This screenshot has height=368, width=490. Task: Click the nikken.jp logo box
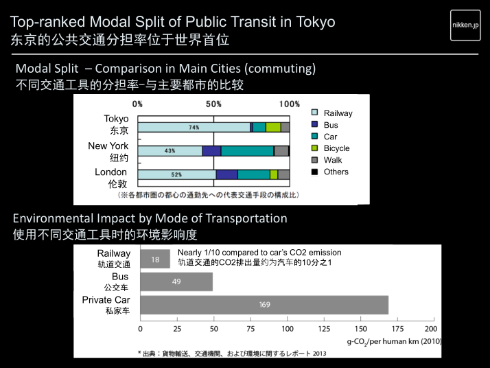(465, 25)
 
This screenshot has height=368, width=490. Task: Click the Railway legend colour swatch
(315, 113)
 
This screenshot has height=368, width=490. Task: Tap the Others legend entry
(336, 172)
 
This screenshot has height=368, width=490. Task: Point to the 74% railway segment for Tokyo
(194, 127)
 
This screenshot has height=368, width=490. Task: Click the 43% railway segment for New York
(170, 151)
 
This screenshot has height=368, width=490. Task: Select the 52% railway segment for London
(176, 174)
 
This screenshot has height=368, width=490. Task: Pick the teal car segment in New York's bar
(247, 151)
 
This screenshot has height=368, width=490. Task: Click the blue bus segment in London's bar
(226, 174)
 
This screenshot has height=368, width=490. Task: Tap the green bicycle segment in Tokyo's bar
(273, 127)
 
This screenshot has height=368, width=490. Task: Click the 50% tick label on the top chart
(213, 104)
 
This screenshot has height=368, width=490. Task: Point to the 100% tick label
(290, 104)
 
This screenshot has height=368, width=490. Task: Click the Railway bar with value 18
(155, 259)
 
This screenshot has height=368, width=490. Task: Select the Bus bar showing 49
(176, 282)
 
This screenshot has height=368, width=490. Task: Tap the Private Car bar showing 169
(264, 305)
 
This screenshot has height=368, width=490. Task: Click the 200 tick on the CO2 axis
(434, 328)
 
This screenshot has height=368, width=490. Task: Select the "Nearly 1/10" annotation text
(259, 253)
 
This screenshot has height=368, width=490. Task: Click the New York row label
(108, 146)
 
